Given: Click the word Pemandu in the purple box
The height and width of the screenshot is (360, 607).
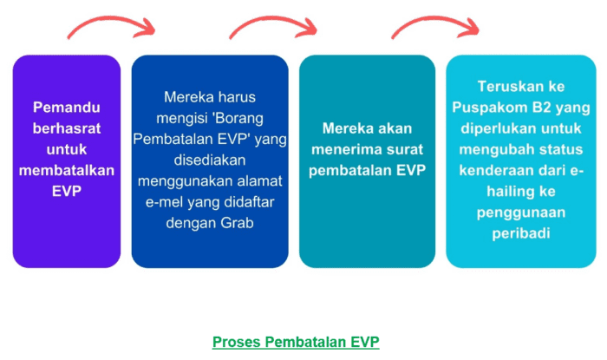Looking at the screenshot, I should (x=66, y=108).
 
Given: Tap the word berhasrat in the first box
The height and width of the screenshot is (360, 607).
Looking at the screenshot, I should (x=67, y=128).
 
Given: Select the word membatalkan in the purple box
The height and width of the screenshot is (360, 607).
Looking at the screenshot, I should (x=66, y=171).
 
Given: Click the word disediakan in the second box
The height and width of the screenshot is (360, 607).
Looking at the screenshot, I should (x=209, y=160).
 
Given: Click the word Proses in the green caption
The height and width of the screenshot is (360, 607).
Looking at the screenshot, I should (x=236, y=341).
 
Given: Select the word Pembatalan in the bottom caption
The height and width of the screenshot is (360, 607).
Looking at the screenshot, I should (x=306, y=341).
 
